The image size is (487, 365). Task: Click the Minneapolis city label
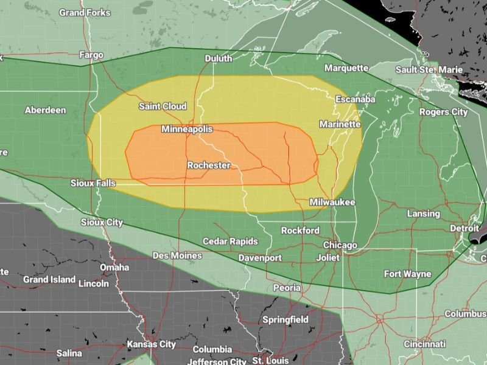[x=187, y=130]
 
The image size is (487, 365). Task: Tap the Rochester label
[x=208, y=165]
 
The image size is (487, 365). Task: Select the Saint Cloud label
[x=163, y=106]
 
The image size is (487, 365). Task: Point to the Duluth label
[x=218, y=58]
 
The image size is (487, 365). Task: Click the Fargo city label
[x=91, y=55]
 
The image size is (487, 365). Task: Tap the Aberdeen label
[x=45, y=110]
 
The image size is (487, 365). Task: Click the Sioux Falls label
[x=93, y=182]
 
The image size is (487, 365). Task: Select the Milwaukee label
[x=332, y=202]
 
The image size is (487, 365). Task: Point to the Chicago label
[x=340, y=245]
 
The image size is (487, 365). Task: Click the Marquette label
[x=347, y=68]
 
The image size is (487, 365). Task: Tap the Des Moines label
[x=177, y=255]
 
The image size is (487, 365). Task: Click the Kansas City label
[x=151, y=344]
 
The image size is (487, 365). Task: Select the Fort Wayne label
[x=407, y=274]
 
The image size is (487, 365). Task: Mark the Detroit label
[x=464, y=228]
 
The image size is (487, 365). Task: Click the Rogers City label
[x=443, y=112]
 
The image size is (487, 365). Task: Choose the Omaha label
[x=114, y=267]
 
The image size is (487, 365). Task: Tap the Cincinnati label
[x=424, y=344]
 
